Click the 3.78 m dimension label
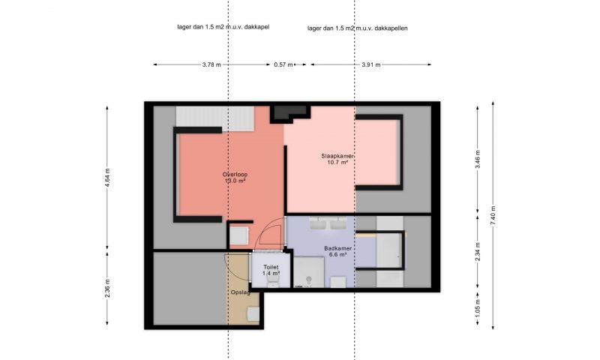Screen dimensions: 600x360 click(x=211, y=64)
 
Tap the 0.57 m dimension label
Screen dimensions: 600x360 click(x=283, y=64)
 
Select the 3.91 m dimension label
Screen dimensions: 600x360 click(x=371, y=64)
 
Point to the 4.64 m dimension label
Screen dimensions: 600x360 click(x=107, y=178)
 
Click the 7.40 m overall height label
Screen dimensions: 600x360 click(x=493, y=215)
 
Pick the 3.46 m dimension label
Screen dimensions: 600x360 click(x=478, y=159)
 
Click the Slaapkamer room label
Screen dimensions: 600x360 click(x=337, y=156)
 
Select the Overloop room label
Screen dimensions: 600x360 click(x=235, y=175)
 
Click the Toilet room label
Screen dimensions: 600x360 click(x=271, y=267)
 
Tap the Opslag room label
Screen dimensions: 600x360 click(x=240, y=292)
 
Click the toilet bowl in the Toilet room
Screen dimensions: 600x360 click(x=273, y=282)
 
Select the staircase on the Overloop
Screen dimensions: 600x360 click(x=215, y=119)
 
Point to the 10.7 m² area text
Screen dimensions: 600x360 click(x=337, y=162)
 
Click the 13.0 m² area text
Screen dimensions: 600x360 click(x=235, y=181)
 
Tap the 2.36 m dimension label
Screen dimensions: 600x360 click(x=107, y=288)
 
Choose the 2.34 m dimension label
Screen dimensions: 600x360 click(x=478, y=252)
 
